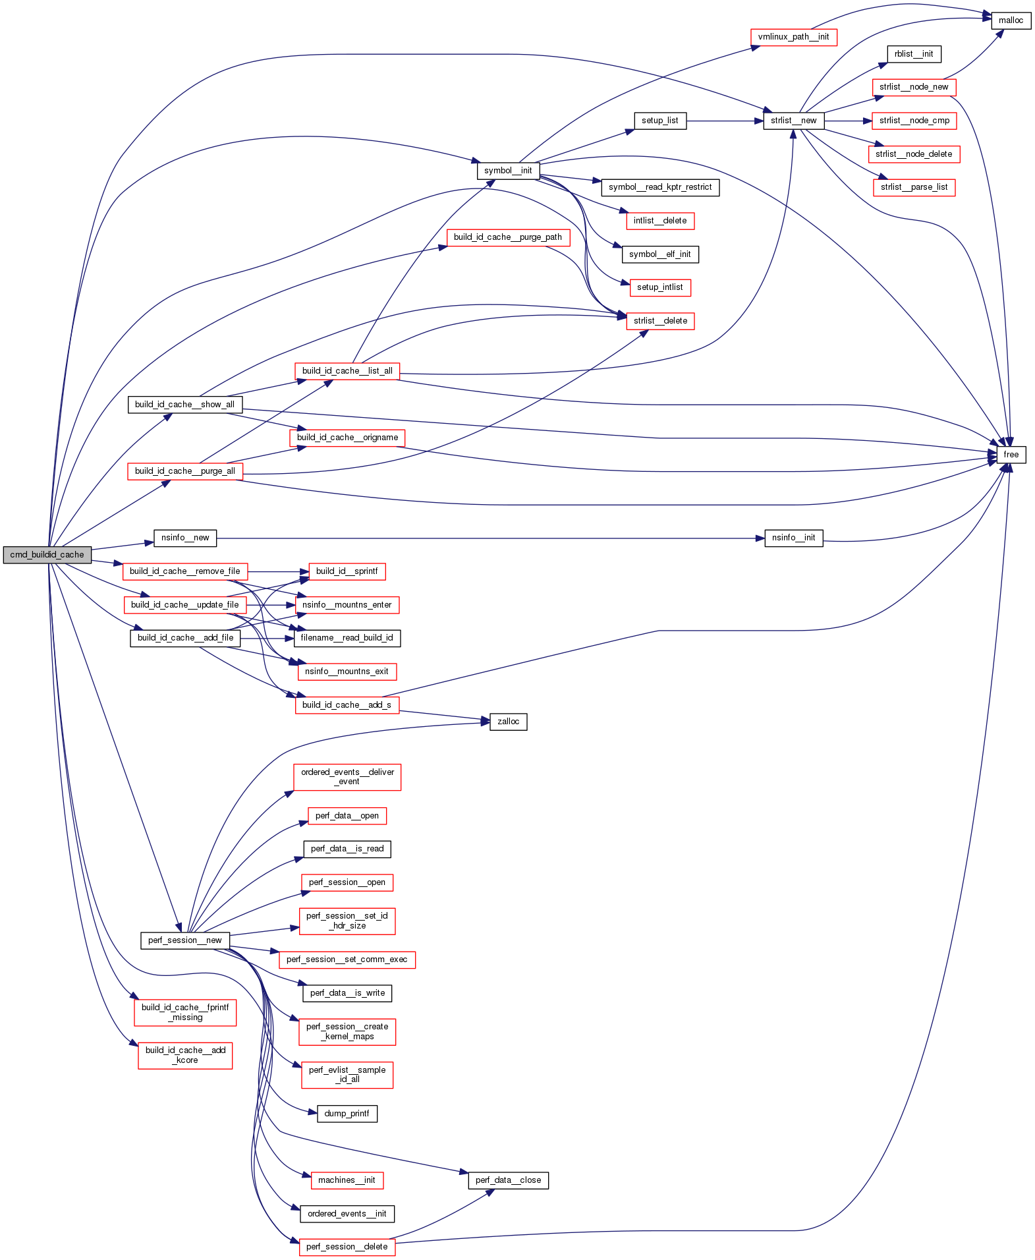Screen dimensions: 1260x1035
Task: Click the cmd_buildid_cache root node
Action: coord(47,555)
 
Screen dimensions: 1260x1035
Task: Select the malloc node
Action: coord(1011,20)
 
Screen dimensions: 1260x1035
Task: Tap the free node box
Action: coord(1011,455)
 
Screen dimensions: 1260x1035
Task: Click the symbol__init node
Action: coord(507,171)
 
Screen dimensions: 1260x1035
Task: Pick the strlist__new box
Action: coord(793,121)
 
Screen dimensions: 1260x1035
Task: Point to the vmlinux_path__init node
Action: coord(793,37)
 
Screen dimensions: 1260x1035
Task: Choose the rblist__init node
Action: coord(913,54)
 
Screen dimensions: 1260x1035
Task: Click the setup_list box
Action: coord(659,121)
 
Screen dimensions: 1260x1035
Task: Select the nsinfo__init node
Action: coord(793,538)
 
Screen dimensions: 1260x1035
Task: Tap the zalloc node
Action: coord(508,722)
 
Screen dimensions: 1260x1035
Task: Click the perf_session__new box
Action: coord(184,940)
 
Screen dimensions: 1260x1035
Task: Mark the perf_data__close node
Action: coord(508,1180)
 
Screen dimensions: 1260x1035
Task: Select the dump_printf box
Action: coord(347,1114)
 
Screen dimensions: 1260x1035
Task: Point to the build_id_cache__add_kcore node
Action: coord(185,1055)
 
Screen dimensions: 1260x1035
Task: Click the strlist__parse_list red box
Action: coord(913,187)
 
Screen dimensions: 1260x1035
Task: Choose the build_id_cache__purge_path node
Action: coord(507,237)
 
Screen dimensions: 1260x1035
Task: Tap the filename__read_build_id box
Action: coord(347,638)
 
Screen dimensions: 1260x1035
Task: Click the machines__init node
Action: coord(347,1180)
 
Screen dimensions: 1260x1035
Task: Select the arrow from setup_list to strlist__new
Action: coord(725,121)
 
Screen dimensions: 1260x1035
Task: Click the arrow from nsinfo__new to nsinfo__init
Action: coord(488,538)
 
